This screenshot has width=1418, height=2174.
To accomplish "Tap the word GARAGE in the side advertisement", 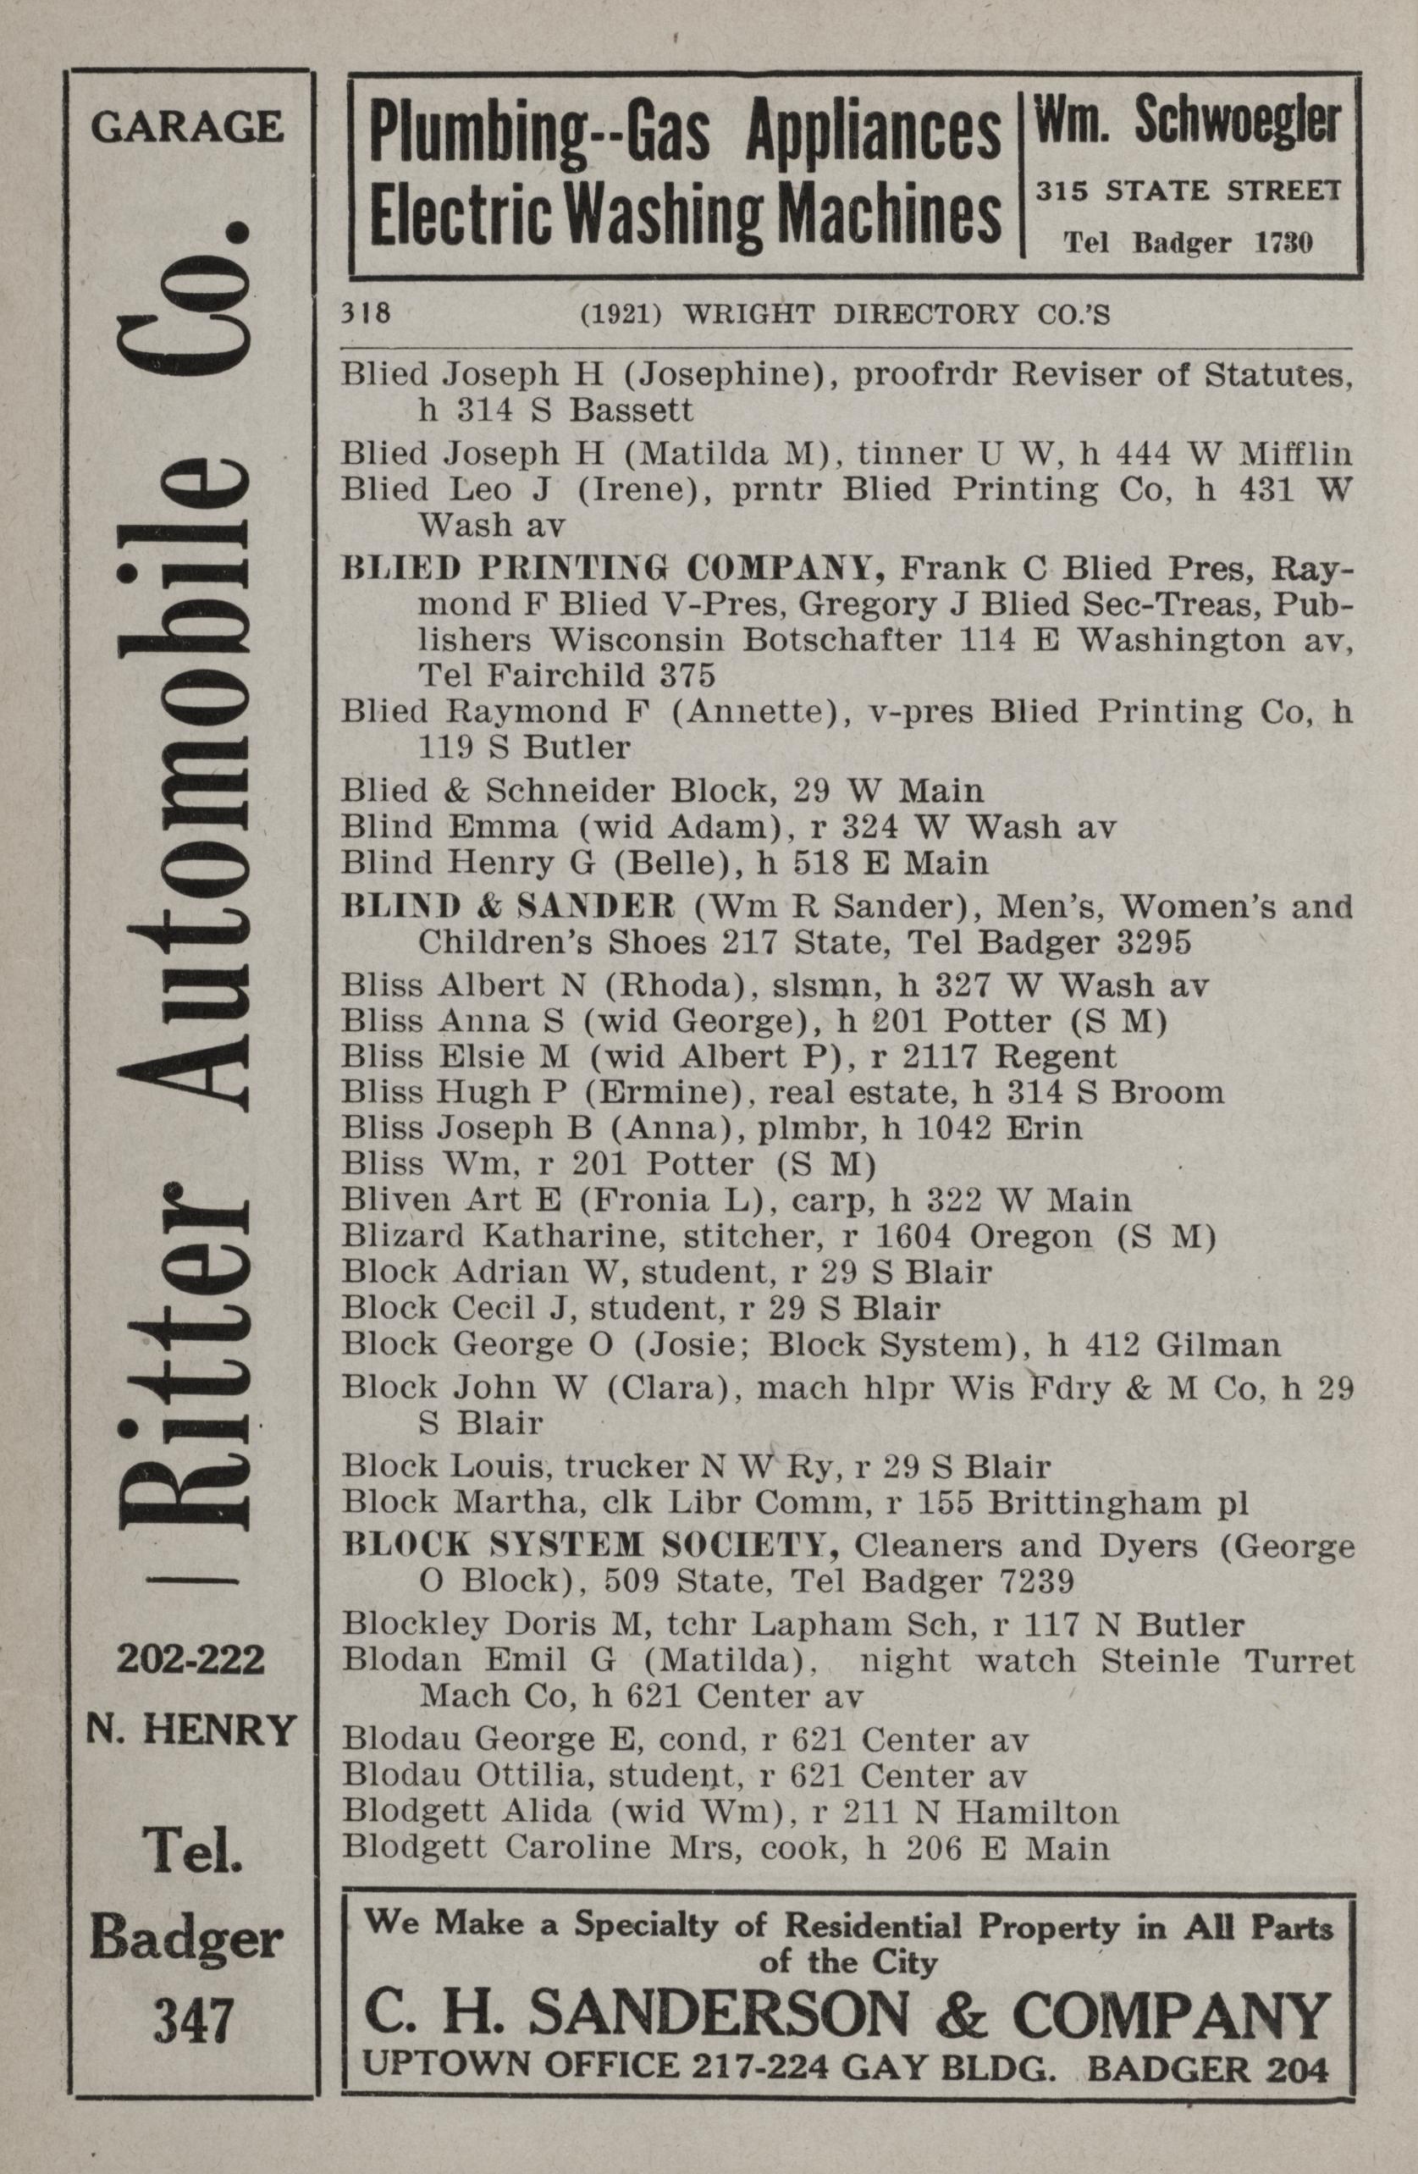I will tap(186, 127).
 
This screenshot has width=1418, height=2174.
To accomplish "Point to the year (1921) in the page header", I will tap(621, 315).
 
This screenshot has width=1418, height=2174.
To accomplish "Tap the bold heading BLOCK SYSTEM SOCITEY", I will tap(590, 1545).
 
